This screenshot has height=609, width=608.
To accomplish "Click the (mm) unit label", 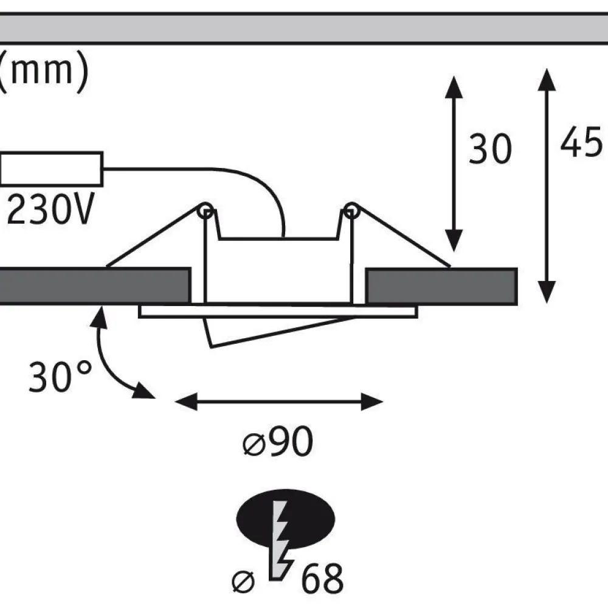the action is pyautogui.click(x=44, y=71).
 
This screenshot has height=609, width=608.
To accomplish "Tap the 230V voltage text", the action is pyautogui.click(x=50, y=210).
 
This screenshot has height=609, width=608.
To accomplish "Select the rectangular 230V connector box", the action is pyautogui.click(x=51, y=169).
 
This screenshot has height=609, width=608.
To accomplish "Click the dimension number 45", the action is pyautogui.click(x=581, y=142).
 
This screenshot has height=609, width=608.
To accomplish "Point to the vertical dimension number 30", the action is pyautogui.click(x=491, y=149).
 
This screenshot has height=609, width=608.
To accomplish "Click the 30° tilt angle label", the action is pyautogui.click(x=60, y=376).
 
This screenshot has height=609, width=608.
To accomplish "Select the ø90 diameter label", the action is pyautogui.click(x=278, y=441).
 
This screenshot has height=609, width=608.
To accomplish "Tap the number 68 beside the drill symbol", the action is pyautogui.click(x=322, y=579).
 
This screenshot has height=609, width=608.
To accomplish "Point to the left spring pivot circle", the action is pyautogui.click(x=206, y=211).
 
